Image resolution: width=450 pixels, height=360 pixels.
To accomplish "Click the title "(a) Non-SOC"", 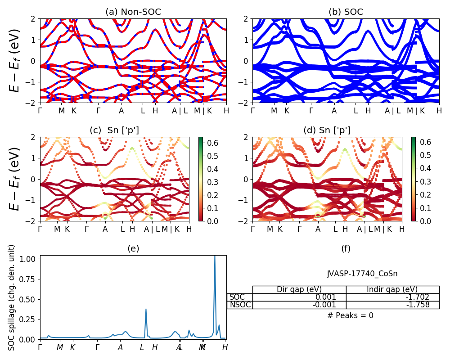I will point(133,12).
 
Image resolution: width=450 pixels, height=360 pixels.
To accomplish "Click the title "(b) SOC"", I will point(346,12).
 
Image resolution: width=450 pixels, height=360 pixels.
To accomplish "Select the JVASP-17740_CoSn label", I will point(362,274).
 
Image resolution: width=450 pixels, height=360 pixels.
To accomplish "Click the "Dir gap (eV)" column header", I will point(299,289).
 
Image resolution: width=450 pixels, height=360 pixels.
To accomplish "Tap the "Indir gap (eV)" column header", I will point(392,289).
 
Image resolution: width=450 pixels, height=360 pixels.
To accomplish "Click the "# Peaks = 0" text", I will point(351,315).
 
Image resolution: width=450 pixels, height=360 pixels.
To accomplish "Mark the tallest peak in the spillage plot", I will point(215,256).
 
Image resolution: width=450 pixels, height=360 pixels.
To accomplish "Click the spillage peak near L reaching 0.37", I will point(146,309).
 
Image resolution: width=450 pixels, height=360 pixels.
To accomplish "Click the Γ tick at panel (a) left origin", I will point(40,111).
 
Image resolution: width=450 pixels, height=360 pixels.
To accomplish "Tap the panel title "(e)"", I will point(133,248).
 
